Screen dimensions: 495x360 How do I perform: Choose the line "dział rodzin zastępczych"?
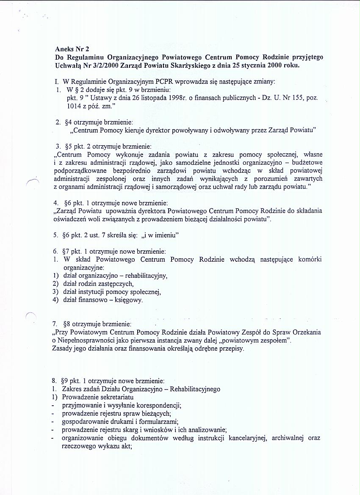tap(98, 284)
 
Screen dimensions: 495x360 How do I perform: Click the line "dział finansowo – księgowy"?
tap(102, 300)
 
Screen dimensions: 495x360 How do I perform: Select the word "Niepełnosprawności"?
tap(89, 341)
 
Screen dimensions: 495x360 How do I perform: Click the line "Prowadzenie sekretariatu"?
tap(98, 397)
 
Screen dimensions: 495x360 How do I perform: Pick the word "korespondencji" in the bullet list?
tap(161, 405)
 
